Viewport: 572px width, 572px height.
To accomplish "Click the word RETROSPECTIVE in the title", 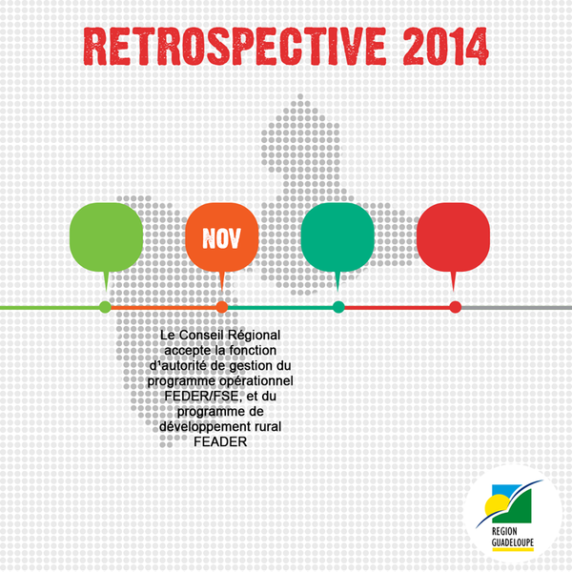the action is (235, 47).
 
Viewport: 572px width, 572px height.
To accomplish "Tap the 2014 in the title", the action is (445, 47).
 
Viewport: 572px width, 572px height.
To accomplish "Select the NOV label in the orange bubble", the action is (222, 238).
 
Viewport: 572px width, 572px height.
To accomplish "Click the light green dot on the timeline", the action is (106, 307).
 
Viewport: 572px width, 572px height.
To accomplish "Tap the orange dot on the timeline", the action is (222, 307).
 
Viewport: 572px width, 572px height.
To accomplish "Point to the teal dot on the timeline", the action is (338, 307).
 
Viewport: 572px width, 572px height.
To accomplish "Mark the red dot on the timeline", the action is (456, 307).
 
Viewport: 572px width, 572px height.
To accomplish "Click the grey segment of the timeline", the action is (517, 308).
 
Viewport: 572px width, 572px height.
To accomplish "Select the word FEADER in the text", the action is (220, 442).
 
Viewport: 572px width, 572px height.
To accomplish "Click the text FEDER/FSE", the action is (202, 397).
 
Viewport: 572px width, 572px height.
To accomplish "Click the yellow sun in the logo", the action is (494, 504).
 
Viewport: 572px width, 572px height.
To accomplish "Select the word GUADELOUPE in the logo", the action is (513, 542).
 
